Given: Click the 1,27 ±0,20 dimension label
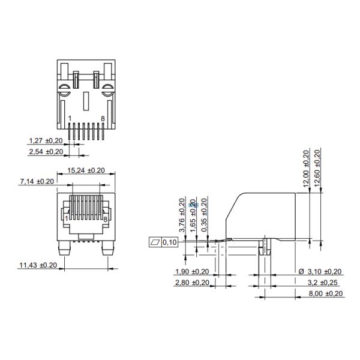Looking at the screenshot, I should point(46,141).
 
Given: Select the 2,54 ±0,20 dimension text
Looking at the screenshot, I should point(46,152).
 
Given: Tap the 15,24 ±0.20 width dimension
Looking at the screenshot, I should point(85,170).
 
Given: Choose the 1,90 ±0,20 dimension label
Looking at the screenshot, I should point(191,272).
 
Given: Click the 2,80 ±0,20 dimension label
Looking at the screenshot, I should point(191,283).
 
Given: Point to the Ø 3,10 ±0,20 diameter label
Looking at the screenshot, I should point(320,272).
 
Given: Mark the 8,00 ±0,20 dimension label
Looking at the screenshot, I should point(325,293).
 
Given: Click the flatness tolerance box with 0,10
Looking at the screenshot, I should point(163,242).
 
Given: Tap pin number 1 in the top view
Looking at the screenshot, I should point(70,119).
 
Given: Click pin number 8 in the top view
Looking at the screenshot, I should point(103,119).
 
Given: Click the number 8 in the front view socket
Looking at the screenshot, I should point(105,220).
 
